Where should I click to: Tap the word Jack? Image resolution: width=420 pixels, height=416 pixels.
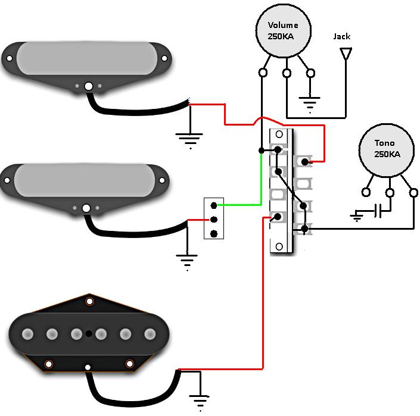pyautogui.click(x=342, y=37)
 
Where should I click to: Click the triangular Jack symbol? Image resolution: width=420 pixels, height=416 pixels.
pyautogui.click(x=345, y=54)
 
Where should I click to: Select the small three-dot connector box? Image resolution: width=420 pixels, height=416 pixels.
pyautogui.click(x=214, y=218)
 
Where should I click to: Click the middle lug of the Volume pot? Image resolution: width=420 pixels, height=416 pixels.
pyautogui.click(x=287, y=73)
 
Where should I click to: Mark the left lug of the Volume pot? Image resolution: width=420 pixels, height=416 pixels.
pyautogui.click(x=262, y=73)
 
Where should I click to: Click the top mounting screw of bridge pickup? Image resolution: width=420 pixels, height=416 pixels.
pyautogui.click(x=89, y=302)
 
